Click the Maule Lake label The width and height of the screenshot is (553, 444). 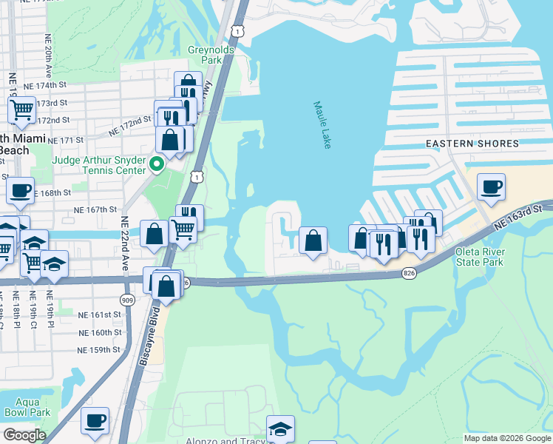tap(322, 125)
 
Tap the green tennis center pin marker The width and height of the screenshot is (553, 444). tap(156, 164)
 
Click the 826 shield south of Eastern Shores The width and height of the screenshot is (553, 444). tap(408, 273)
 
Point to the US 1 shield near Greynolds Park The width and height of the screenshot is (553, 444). tap(236, 30)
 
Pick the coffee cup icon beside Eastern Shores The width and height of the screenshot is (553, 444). tap(491, 187)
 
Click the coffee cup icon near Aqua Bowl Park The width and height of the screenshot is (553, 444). tap(95, 420)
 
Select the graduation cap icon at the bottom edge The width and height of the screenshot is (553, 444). tap(279, 428)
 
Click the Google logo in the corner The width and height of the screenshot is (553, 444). tap(24, 434)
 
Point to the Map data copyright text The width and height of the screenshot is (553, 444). tap(506, 438)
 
